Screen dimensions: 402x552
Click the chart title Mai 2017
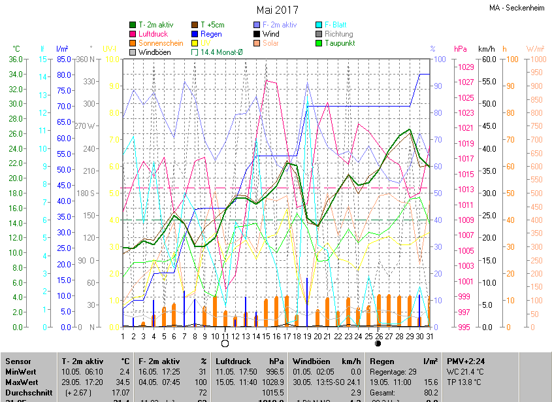click(x=278, y=10)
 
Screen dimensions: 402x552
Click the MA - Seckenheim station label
click(x=517, y=8)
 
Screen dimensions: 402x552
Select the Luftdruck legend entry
click(x=153, y=34)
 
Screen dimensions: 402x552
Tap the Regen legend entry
click(x=210, y=34)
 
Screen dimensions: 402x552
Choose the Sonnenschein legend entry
click(x=161, y=43)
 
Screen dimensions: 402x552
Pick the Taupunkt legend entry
click(x=339, y=43)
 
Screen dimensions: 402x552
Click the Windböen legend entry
click(x=155, y=52)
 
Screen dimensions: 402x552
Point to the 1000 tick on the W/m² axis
click(x=536, y=59)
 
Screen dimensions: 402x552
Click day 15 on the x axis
click(x=266, y=336)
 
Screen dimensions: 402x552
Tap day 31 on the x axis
click(x=429, y=336)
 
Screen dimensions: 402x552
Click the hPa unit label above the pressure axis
click(x=461, y=49)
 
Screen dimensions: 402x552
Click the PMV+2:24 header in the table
click(x=466, y=361)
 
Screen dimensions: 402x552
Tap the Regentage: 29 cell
click(x=393, y=371)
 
